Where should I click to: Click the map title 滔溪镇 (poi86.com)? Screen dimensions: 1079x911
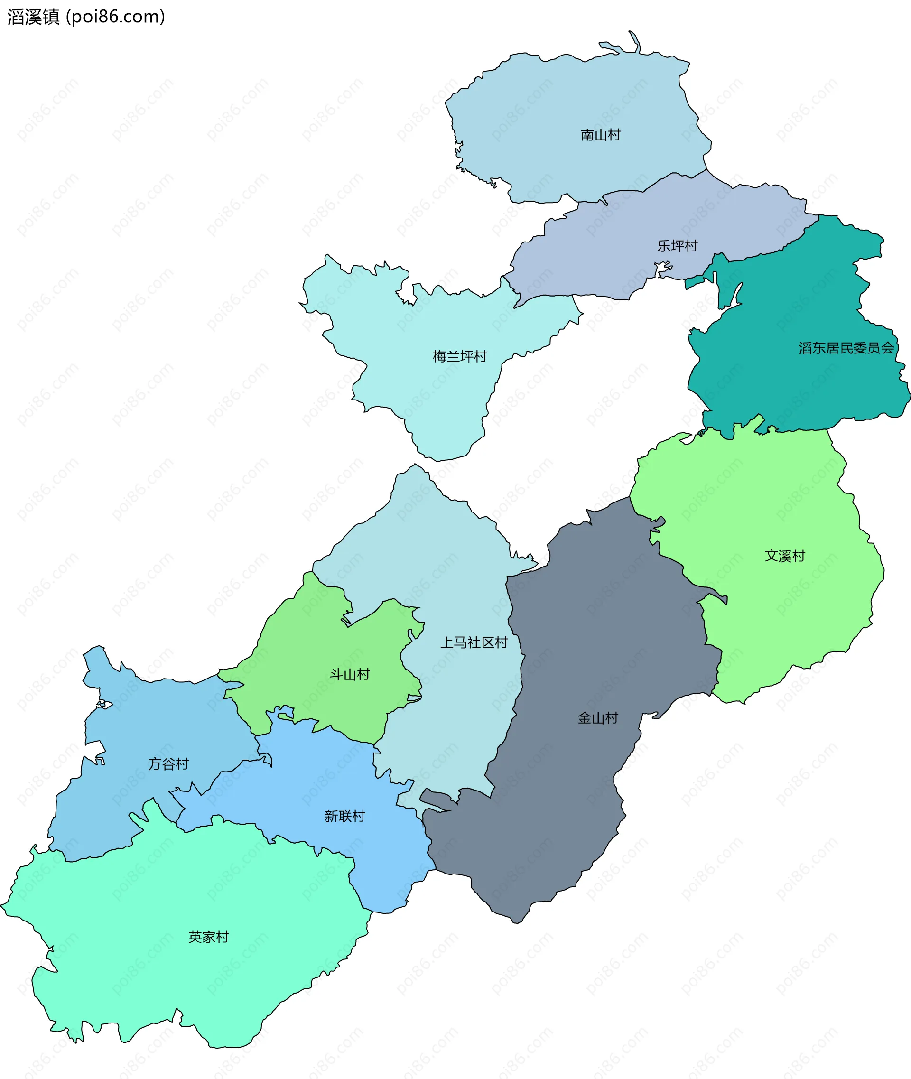pos(86,17)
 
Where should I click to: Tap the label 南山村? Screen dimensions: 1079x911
pos(600,135)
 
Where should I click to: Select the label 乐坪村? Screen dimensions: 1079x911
pos(677,246)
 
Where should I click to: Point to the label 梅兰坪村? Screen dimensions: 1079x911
pos(460,356)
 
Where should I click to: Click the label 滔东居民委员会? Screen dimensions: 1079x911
pos(846,348)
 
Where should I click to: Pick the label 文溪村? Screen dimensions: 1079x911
pos(784,556)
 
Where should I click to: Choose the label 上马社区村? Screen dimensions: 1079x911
pos(474,642)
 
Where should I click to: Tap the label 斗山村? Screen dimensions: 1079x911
pos(350,675)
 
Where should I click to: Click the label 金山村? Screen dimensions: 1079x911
pos(597,718)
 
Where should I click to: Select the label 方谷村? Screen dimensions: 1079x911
pos(168,764)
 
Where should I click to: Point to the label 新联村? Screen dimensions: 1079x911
pos(344,816)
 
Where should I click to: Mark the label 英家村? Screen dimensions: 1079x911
pos(208,937)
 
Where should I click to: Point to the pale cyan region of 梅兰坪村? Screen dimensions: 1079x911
pos(444,403)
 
